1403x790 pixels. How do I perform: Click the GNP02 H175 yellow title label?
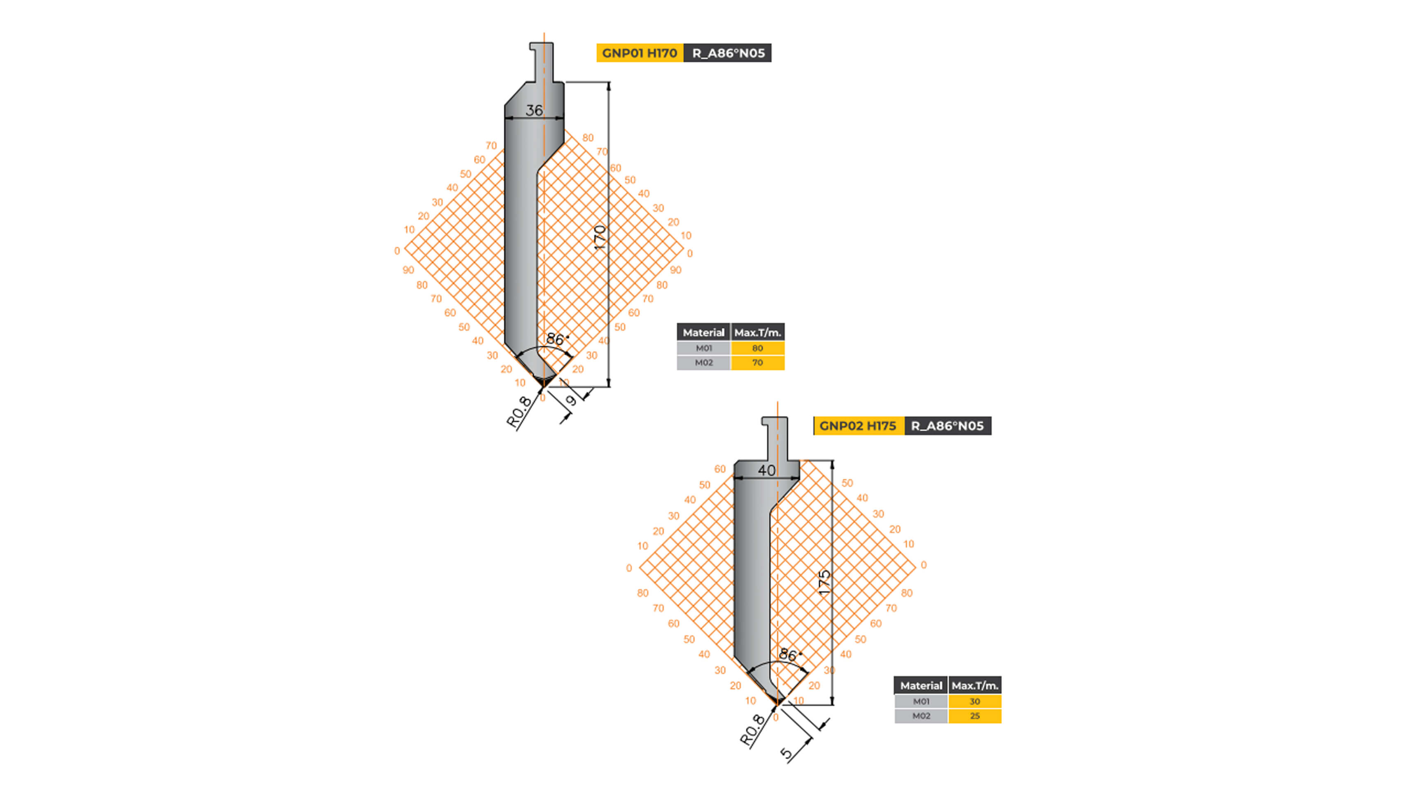point(858,426)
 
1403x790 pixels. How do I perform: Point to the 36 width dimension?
point(534,111)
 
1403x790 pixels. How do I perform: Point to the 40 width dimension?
point(766,470)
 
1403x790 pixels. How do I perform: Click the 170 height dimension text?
point(600,237)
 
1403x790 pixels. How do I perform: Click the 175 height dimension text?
point(825,581)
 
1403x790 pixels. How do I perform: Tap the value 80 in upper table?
point(757,349)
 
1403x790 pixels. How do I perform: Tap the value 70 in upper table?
point(757,362)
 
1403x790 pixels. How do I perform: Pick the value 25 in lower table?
point(975,716)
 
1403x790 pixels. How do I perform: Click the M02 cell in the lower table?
point(921,716)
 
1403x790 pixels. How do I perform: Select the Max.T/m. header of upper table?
point(757,332)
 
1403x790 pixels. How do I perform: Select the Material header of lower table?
point(921,685)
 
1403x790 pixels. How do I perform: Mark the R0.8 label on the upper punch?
point(519,411)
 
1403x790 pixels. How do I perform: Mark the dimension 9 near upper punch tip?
point(571,401)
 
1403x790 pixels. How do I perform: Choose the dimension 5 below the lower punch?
point(786,753)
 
